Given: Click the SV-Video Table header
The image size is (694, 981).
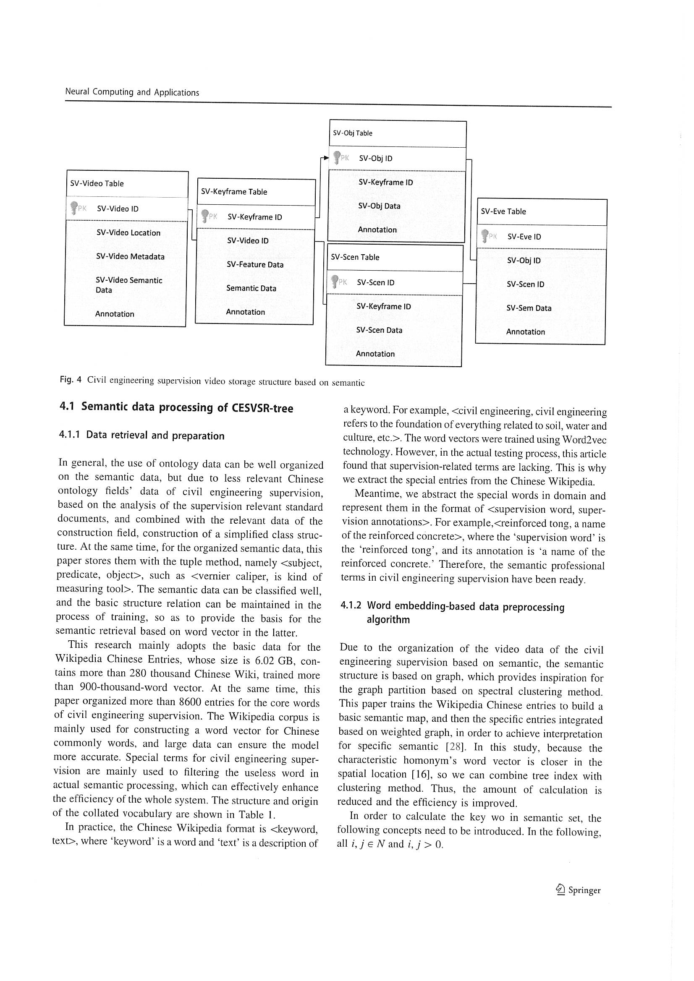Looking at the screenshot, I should pyautogui.click(x=97, y=184).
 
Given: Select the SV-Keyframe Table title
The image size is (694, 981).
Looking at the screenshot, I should pyautogui.click(x=234, y=192).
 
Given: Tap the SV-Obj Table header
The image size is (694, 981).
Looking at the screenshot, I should pyautogui.click(x=353, y=133).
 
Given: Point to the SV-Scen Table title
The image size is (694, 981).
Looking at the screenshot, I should pyautogui.click(x=355, y=257).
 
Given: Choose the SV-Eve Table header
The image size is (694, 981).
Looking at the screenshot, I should pyautogui.click(x=503, y=211).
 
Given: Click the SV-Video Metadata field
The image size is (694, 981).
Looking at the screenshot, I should pyautogui.click(x=130, y=256).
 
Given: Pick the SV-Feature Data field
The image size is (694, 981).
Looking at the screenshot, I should pyautogui.click(x=255, y=264).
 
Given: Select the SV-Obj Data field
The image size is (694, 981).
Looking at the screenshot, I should pyautogui.click(x=379, y=206).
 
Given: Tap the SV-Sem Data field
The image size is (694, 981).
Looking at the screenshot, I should pyautogui.click(x=529, y=308).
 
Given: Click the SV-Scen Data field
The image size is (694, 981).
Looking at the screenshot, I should pyautogui.click(x=379, y=330).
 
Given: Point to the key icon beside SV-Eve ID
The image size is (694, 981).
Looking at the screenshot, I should pyautogui.click(x=485, y=236).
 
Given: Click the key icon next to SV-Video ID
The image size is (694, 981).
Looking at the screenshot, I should pyautogui.click(x=74, y=208).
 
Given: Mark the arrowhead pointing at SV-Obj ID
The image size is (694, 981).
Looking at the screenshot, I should pyautogui.click(x=326, y=158).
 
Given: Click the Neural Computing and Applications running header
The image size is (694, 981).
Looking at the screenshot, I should pyautogui.click(x=132, y=92).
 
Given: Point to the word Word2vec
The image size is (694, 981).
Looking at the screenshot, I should pyautogui.click(x=584, y=440).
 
